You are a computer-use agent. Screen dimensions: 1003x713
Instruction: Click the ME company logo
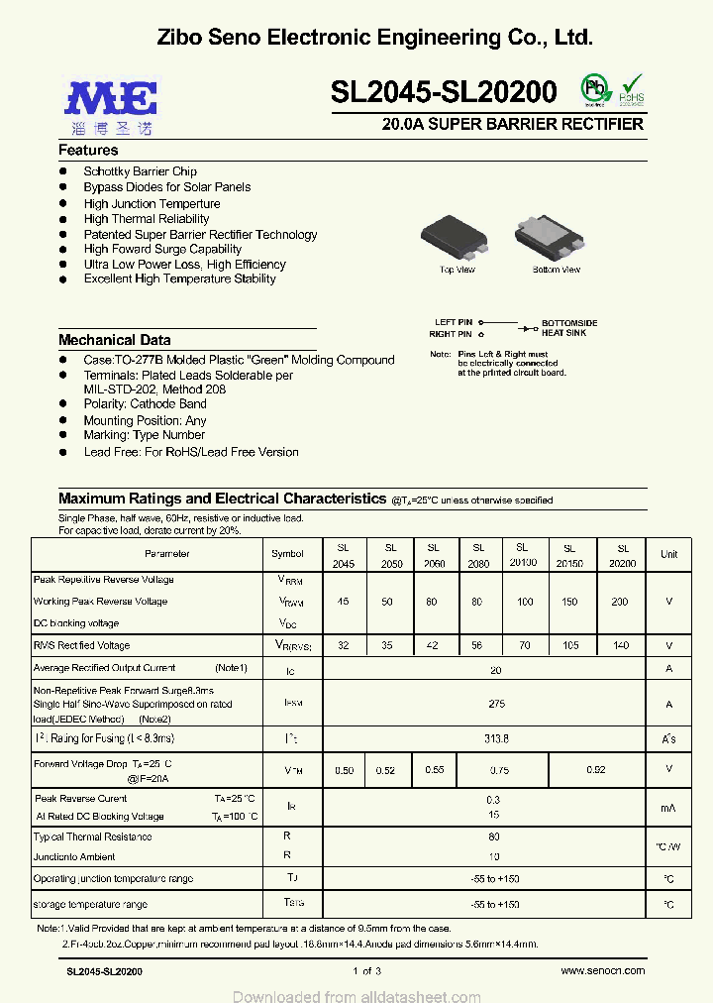pos(111,99)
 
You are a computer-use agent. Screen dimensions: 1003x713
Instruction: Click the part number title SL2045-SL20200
pos(443,92)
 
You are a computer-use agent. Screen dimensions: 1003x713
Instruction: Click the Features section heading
pos(88,151)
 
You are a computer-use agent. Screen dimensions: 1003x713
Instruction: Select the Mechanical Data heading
pos(114,340)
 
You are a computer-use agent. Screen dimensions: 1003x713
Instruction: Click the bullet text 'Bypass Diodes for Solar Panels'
pos(166,187)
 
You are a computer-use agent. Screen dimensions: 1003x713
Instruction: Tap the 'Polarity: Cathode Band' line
pos(145,404)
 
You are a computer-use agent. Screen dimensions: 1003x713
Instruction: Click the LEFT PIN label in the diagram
pos(454,323)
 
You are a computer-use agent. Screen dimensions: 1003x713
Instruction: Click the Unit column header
pos(669,555)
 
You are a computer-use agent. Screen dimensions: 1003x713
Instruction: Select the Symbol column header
pos(287,554)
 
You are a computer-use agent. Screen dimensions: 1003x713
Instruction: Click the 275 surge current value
pos(496,705)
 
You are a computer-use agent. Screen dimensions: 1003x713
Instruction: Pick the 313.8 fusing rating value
pos(496,738)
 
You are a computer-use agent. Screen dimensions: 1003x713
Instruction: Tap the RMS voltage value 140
pos(622,646)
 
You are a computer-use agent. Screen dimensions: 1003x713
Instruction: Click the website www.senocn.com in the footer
pos(603,971)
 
